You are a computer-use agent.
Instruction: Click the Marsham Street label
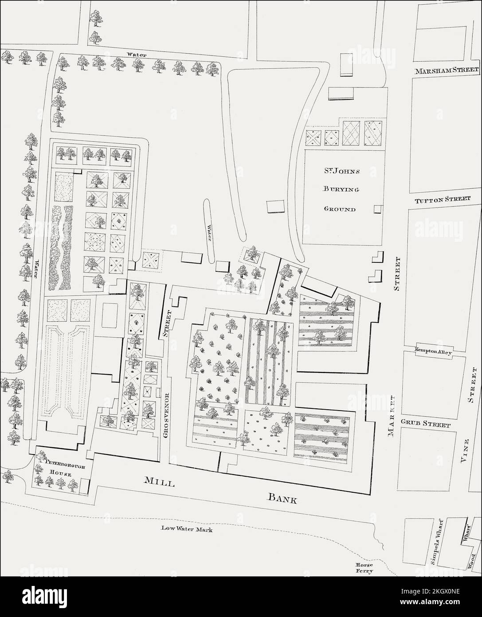447,71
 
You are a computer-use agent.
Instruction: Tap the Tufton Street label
442,199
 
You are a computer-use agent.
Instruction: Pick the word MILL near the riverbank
159,483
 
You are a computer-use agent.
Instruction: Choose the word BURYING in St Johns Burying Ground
340,188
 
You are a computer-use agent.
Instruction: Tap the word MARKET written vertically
392,415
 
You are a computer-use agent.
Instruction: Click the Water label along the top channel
137,54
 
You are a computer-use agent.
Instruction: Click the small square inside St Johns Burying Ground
378,209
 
